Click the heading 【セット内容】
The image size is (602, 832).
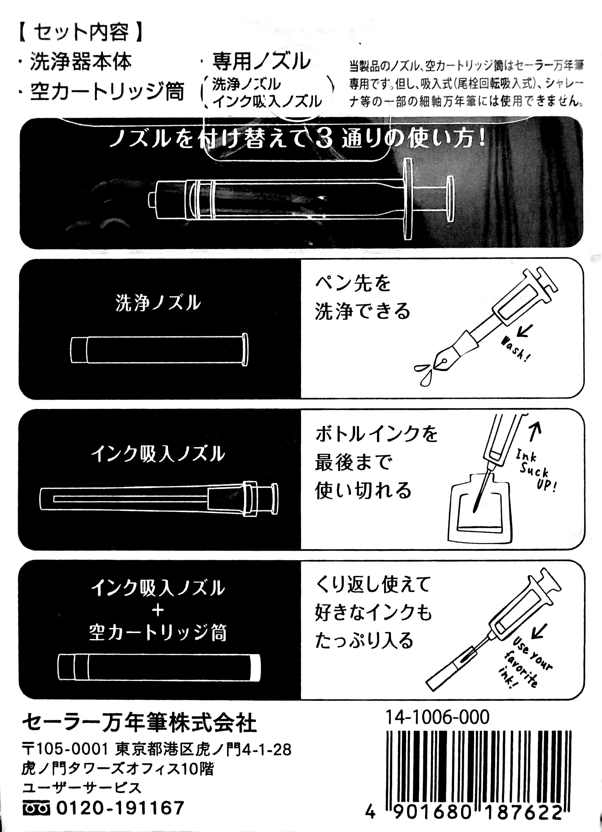(x=80, y=32)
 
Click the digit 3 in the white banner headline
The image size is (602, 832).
(x=323, y=140)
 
